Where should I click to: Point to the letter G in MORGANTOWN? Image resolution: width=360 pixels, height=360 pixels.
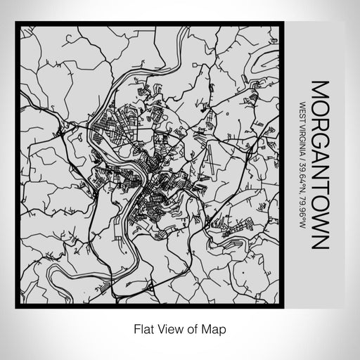point(319,140)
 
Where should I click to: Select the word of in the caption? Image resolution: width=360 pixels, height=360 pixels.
point(194,328)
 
